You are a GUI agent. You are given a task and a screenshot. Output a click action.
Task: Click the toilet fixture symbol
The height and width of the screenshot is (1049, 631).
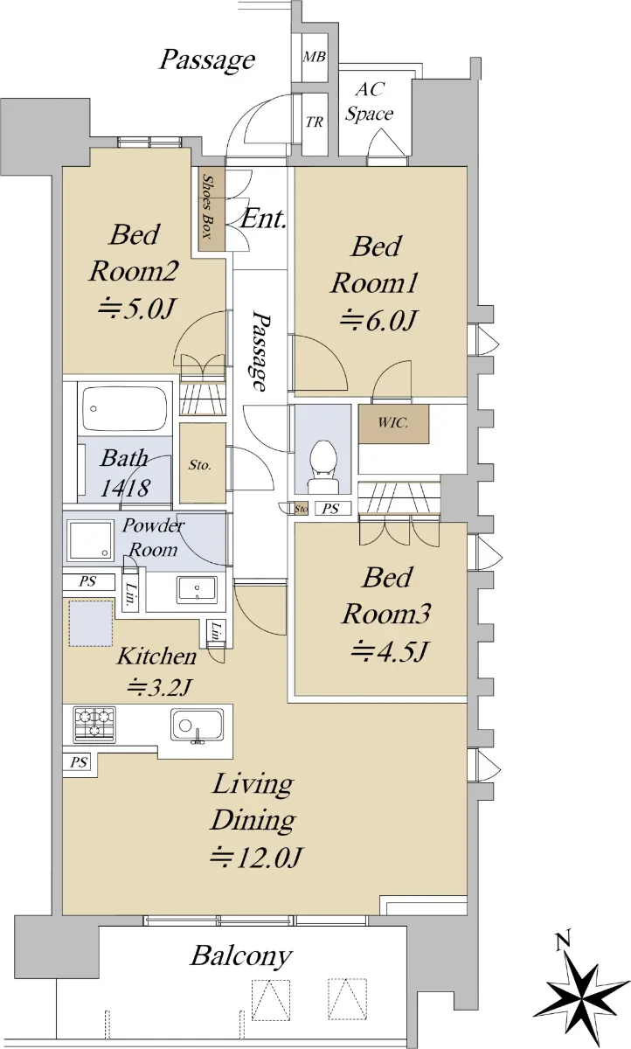click(322, 466)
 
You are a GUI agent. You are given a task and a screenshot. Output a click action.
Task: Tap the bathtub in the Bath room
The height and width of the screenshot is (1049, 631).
click(124, 406)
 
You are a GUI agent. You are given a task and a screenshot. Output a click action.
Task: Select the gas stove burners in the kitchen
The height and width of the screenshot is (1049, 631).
click(94, 725)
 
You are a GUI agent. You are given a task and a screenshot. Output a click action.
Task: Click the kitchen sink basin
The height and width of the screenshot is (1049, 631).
click(197, 725)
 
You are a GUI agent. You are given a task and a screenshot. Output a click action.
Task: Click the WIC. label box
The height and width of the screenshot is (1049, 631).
click(393, 423)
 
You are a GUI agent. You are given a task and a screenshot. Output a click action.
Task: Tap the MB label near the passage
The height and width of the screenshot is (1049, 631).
click(314, 57)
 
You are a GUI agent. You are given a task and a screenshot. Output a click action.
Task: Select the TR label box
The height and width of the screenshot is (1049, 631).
click(315, 122)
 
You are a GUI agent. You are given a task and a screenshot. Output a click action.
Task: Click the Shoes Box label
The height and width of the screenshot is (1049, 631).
click(207, 206)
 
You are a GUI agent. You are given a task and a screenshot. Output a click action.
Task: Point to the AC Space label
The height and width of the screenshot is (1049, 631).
click(370, 101)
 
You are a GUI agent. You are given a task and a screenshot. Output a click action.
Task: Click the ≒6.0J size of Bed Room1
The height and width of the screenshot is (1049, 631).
click(378, 321)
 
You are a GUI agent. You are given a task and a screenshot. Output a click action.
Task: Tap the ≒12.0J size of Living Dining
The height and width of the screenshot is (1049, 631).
click(255, 857)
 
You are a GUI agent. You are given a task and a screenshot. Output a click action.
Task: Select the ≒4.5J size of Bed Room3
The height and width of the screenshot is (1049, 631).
click(389, 650)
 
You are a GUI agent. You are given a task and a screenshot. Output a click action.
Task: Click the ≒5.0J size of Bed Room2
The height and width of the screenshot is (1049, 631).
click(136, 309)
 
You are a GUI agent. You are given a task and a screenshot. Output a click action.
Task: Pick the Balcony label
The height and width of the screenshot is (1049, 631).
click(241, 955)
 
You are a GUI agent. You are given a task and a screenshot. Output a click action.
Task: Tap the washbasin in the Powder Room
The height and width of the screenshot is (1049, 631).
click(197, 591)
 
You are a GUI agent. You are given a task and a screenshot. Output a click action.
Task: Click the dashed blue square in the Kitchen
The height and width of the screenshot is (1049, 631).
click(91, 623)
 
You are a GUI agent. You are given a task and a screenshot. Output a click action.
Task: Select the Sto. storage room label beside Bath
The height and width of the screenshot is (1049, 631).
click(200, 465)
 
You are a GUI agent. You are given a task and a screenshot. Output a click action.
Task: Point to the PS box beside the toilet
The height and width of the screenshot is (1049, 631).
click(331, 509)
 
